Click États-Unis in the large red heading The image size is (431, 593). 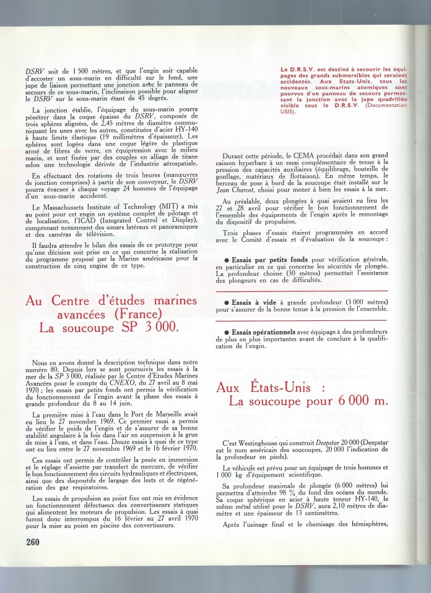274,388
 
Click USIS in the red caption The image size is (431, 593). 286,112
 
